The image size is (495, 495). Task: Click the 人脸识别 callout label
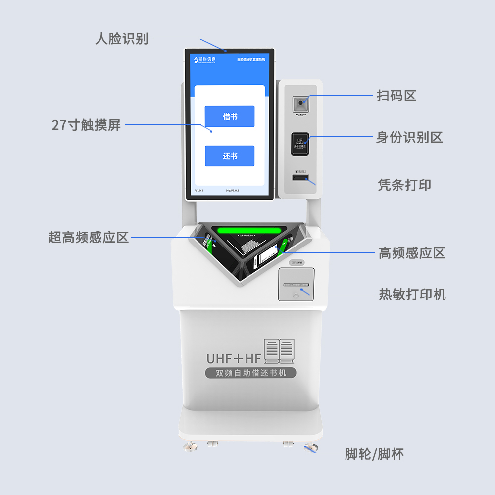[x=122, y=39]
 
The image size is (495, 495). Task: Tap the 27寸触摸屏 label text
[x=87, y=125]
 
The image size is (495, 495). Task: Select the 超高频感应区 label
[x=89, y=237]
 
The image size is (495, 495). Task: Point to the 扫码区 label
[x=396, y=96]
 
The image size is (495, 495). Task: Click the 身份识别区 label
[x=409, y=137]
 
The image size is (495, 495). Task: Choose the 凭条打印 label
[x=404, y=185]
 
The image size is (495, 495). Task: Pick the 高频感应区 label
[x=412, y=253]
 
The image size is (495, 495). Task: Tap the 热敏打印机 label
[x=412, y=295]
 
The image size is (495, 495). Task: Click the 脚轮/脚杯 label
[x=374, y=454]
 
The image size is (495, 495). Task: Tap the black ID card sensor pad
[x=300, y=144]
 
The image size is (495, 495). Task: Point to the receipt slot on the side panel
[x=300, y=177]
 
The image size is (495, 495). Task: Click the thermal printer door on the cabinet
[x=296, y=284]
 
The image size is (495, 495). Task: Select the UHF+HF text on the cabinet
[x=234, y=357]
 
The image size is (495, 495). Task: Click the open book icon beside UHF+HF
[x=279, y=350]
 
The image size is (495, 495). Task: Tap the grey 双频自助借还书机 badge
[x=250, y=373]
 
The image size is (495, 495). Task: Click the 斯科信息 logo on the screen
[x=205, y=60]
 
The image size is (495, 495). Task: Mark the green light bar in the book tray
[x=250, y=231]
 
